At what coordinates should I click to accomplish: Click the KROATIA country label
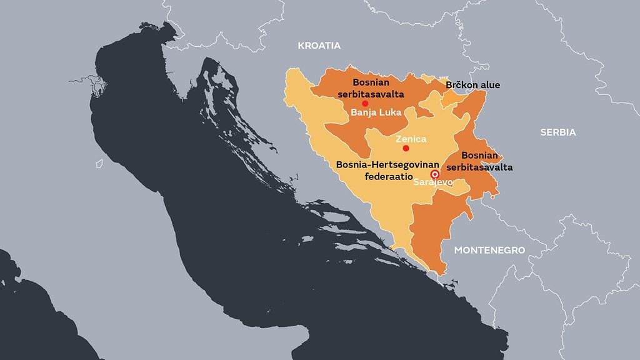[x=319, y=46]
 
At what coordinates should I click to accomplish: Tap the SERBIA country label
[x=558, y=132]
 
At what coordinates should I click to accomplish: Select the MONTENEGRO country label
[x=489, y=250]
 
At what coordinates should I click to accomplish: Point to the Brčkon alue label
[x=472, y=85]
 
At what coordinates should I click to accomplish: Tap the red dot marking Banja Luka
[x=365, y=103]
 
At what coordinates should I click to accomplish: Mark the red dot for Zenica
[x=406, y=148]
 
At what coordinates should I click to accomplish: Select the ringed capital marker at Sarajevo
[x=434, y=174]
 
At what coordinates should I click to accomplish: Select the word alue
[x=489, y=85]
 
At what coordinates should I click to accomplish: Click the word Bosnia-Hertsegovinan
[x=381, y=166]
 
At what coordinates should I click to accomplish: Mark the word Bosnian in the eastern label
[x=479, y=156]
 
